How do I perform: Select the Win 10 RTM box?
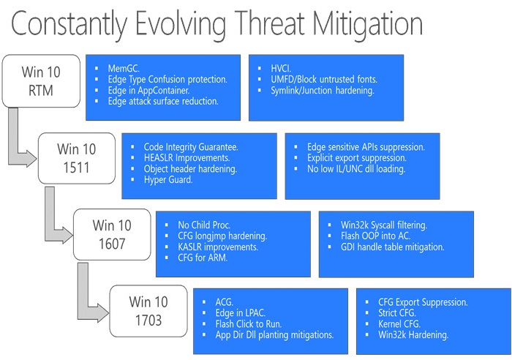coord(41,81)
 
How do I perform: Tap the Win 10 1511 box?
coord(77,158)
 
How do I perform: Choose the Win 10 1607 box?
coord(112,235)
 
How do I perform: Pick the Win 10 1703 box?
coord(148,311)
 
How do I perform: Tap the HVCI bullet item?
coord(281,68)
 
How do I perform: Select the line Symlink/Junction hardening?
coord(323,91)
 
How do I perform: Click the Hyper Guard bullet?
coord(168,180)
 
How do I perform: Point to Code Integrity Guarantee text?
coord(191,147)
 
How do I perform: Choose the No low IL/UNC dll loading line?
coord(356,169)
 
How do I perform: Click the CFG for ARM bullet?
coord(203,258)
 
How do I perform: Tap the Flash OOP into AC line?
coord(375,236)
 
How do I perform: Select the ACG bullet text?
coord(225,302)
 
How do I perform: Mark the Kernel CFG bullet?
coord(399,323)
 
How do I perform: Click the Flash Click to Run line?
coord(249,324)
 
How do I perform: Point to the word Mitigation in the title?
coord(367,24)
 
